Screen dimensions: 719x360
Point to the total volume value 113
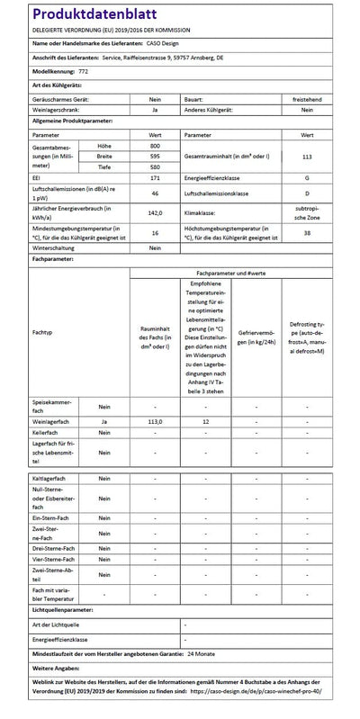(x=307, y=156)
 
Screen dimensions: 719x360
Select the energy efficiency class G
(x=307, y=178)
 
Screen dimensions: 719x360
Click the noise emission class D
(x=307, y=193)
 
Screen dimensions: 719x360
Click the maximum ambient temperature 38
(x=307, y=231)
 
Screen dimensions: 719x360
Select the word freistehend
(x=307, y=99)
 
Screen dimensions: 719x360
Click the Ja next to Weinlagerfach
(x=104, y=420)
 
